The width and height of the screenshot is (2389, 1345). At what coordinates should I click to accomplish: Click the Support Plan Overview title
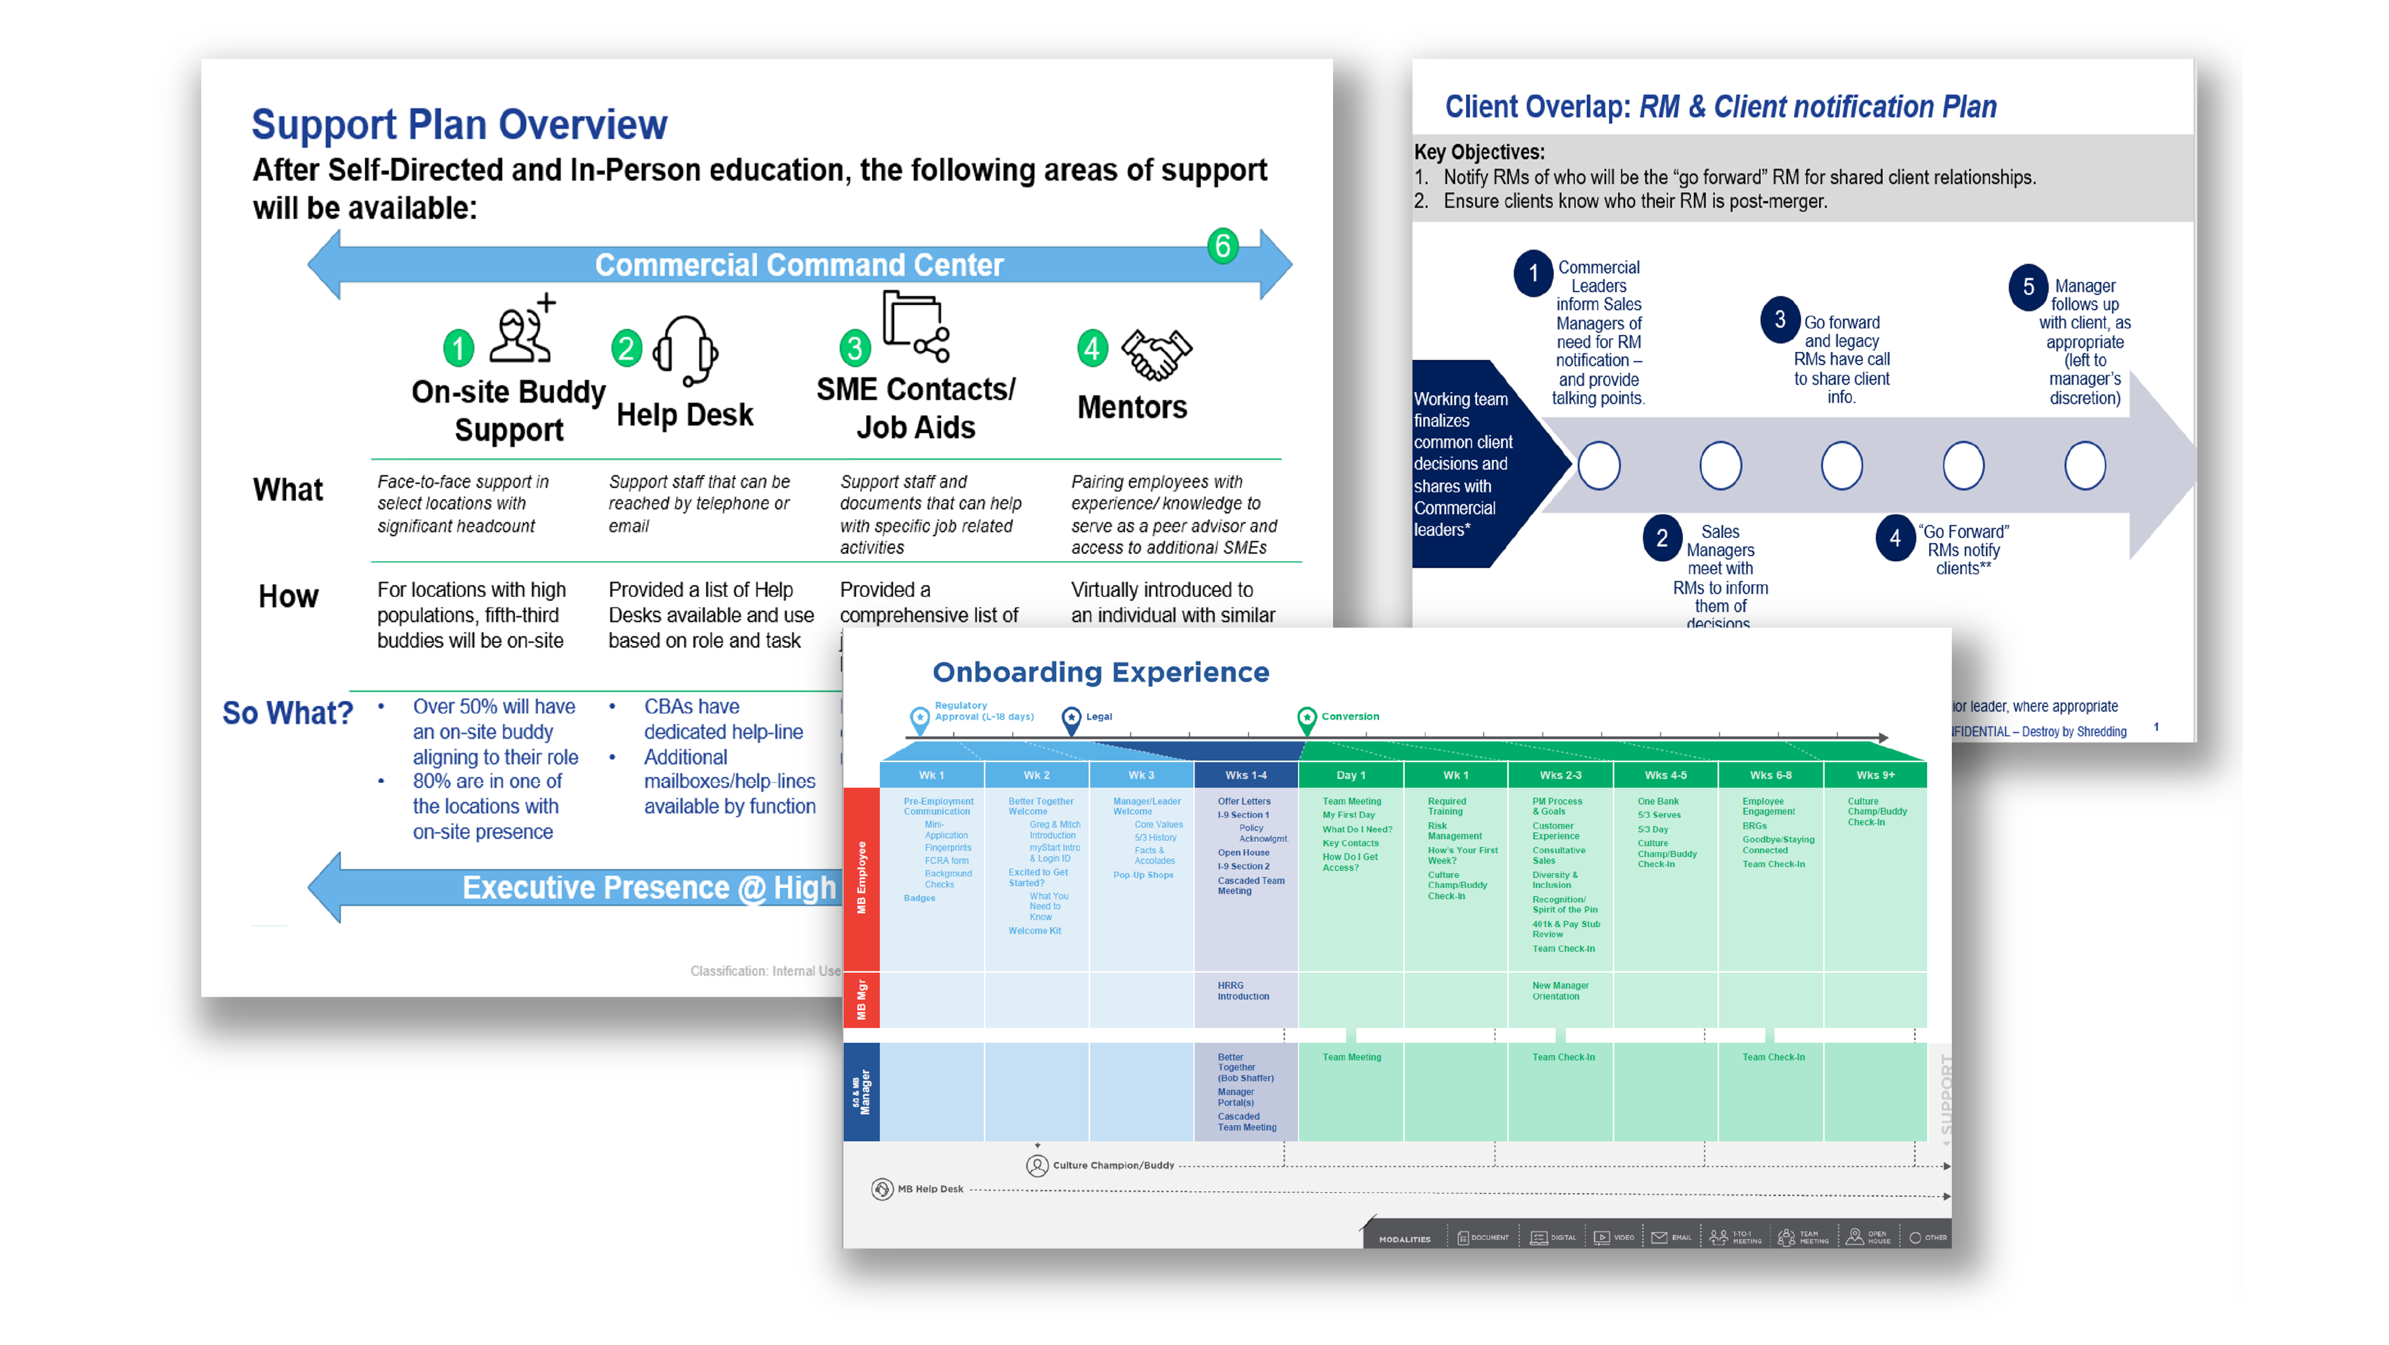459,124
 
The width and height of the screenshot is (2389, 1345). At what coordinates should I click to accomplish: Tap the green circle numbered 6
1223,246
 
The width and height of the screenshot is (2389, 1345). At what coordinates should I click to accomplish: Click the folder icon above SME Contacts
914,326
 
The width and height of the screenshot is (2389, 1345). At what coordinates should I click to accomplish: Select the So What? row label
287,712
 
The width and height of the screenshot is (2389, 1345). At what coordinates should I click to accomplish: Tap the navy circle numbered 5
2028,287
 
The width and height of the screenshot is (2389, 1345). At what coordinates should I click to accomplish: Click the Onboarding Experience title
1100,672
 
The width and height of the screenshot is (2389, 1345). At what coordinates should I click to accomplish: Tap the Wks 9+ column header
1874,774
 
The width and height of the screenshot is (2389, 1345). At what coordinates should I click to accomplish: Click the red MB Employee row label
862,878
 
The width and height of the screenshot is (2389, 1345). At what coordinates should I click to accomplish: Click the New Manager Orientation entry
1560,991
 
